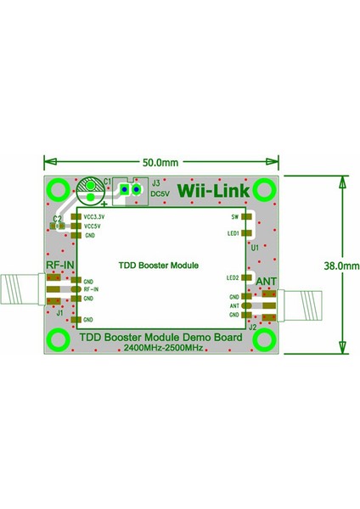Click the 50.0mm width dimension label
pyautogui.click(x=160, y=161)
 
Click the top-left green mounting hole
pyautogui.click(x=58, y=190)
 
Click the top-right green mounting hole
pyautogui.click(x=263, y=190)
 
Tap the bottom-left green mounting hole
pyautogui.click(x=58, y=340)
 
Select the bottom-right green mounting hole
pyautogui.click(x=263, y=340)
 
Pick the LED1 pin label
pyautogui.click(x=234, y=232)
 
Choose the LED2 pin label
pyautogui.click(x=234, y=277)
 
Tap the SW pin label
pyautogui.click(x=236, y=216)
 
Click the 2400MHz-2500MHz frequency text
pyautogui.click(x=160, y=349)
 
